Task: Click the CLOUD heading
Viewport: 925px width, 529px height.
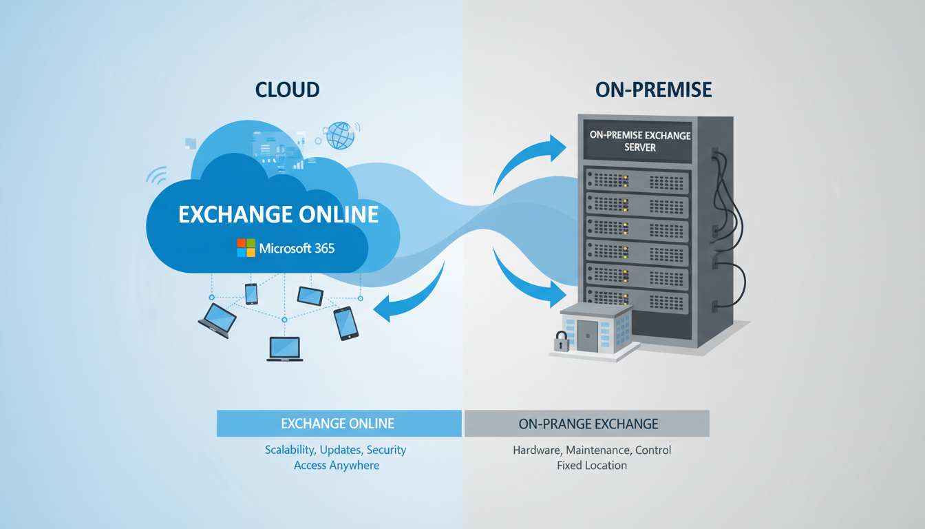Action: click(287, 90)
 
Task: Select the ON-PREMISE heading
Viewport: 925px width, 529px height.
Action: click(653, 90)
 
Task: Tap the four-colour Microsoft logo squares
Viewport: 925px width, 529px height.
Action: click(246, 248)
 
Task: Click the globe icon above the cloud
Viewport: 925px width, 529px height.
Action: click(340, 135)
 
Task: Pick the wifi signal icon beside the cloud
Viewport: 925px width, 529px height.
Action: click(157, 176)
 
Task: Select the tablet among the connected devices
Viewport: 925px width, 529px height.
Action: click(310, 295)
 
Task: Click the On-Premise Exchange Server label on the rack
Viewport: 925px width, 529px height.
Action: click(640, 141)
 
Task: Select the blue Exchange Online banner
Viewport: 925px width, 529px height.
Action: click(338, 424)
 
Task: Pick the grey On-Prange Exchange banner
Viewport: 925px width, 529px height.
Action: click(588, 424)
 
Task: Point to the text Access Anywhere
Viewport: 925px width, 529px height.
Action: click(336, 466)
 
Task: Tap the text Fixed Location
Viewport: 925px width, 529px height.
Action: click(591, 466)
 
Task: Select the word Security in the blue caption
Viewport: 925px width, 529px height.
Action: click(386, 450)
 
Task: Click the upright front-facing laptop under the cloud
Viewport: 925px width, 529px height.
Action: click(284, 349)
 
